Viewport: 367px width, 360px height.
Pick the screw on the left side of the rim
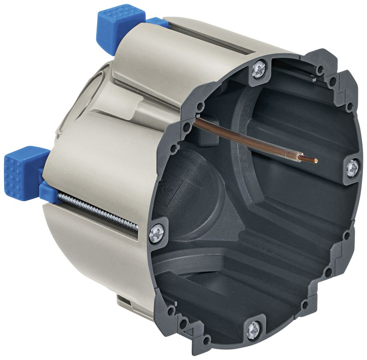point(156,233)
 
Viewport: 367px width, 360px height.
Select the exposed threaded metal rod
point(100,210)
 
